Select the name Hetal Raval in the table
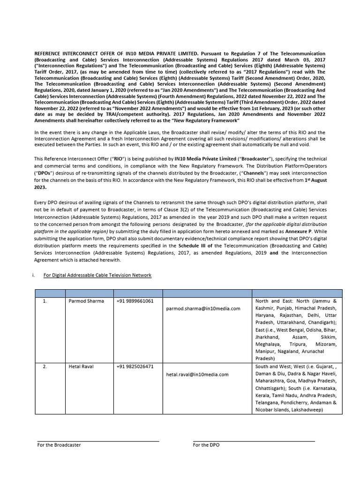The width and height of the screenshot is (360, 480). click(x=81, y=367)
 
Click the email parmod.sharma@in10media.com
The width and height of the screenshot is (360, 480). click(x=203, y=308)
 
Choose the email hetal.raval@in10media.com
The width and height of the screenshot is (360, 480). click(x=197, y=375)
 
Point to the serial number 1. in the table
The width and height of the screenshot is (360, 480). click(x=45, y=301)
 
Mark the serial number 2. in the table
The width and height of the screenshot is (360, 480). click(x=45, y=367)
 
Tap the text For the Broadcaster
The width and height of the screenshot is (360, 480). click(x=59, y=445)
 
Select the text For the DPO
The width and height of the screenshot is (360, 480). click(x=206, y=445)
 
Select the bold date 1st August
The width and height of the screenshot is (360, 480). click(x=313, y=180)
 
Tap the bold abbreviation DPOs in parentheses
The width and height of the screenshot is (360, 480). click(x=44, y=173)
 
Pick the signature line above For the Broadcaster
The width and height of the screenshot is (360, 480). click(x=98, y=441)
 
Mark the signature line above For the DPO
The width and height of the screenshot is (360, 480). click(x=254, y=441)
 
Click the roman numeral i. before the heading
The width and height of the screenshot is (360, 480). click(x=34, y=275)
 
